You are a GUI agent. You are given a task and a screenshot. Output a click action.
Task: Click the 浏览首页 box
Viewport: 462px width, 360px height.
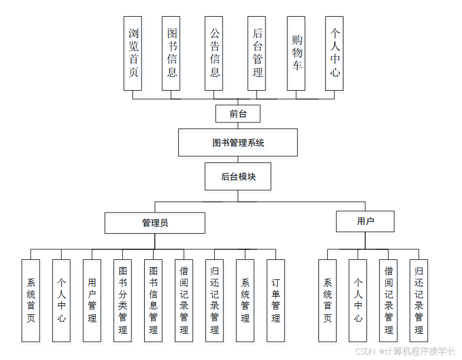[x=132, y=53]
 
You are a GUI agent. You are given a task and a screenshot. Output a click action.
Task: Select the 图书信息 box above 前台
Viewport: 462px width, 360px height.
[x=171, y=53]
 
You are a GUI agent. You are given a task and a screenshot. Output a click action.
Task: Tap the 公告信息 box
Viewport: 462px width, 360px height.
[x=214, y=53]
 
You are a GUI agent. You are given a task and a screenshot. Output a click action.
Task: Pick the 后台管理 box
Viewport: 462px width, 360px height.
[x=257, y=53]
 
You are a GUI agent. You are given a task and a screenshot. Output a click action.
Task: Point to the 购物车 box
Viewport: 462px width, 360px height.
[x=296, y=53]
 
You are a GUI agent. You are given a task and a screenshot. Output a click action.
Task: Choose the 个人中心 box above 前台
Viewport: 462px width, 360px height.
[x=335, y=53]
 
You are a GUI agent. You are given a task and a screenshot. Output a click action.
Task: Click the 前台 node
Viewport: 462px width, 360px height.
[x=238, y=114]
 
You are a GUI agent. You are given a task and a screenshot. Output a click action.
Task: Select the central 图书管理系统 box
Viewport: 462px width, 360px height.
[x=238, y=142]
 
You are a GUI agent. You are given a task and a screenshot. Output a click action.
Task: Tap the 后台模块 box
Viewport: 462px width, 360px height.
[x=238, y=176]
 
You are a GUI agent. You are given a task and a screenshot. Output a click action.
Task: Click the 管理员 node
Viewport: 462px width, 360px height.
[x=155, y=223]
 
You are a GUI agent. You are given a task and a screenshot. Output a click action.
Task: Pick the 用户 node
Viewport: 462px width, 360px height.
[x=365, y=221]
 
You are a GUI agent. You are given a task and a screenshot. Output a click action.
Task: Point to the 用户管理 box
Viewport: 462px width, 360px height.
[x=92, y=300]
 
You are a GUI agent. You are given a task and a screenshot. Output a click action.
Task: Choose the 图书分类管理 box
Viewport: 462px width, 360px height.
[x=122, y=300]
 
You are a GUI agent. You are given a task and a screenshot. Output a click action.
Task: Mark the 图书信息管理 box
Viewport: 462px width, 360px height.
[x=153, y=300]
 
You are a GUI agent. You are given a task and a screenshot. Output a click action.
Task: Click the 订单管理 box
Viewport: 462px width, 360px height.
[x=276, y=300]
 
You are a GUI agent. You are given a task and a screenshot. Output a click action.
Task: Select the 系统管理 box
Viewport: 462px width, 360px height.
[x=245, y=300]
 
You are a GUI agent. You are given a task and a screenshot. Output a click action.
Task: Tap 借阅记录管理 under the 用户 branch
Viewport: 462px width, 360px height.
[x=389, y=300]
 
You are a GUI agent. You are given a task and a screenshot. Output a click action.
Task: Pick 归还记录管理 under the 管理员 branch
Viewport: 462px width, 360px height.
[x=214, y=300]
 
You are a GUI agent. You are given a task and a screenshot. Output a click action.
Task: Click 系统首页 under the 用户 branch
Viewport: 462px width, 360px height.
[x=327, y=300]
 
